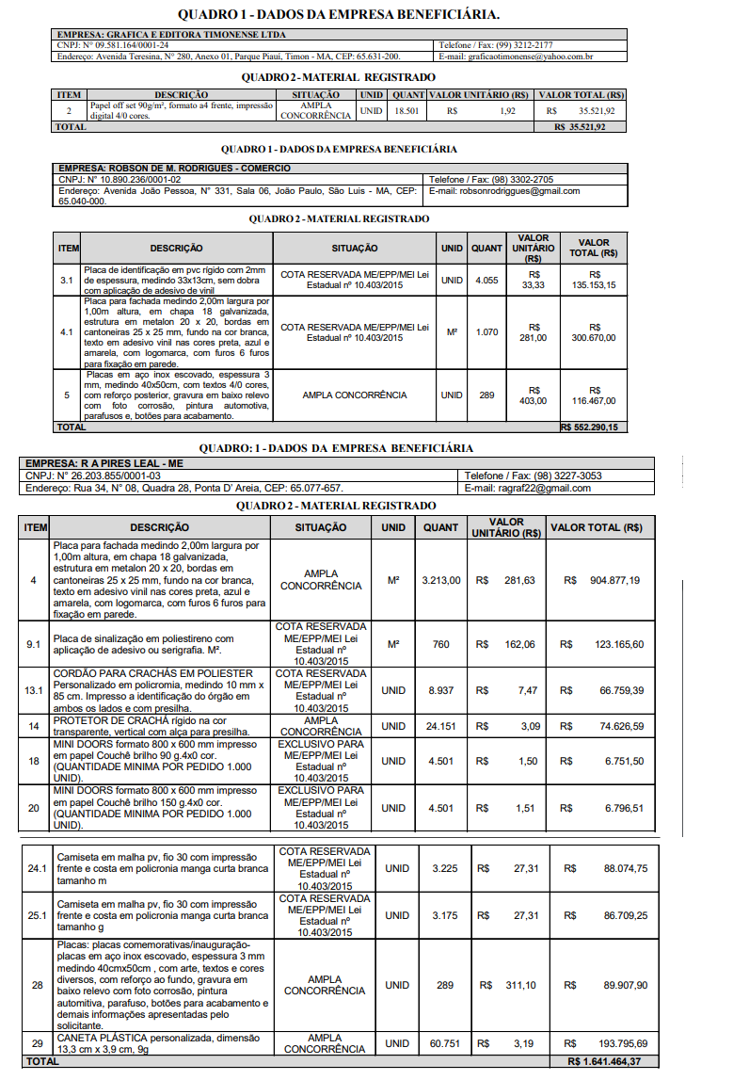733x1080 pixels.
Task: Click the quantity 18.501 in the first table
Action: point(406,111)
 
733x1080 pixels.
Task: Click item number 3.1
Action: point(67,280)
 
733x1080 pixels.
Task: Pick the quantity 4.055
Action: point(486,280)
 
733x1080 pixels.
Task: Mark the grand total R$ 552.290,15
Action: point(589,427)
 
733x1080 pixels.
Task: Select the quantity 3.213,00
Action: point(441,580)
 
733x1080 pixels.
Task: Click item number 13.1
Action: point(34,690)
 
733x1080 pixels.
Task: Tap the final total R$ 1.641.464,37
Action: point(605,1061)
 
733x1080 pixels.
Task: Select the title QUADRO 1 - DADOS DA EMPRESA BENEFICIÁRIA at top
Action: point(339,15)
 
